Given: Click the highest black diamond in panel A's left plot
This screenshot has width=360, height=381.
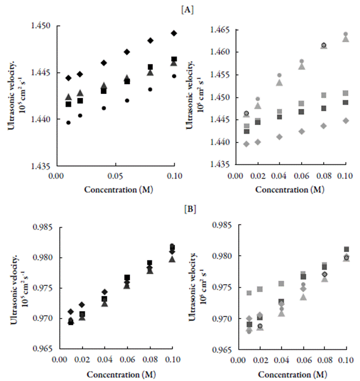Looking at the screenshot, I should click(174, 33).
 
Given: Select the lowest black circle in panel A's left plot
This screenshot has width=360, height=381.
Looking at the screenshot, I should click(68, 122).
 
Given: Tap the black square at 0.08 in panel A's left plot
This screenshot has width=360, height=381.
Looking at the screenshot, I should click(150, 67).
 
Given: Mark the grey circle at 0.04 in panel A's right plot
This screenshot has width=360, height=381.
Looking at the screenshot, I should click(279, 76).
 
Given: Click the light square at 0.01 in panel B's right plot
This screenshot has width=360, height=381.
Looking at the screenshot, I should click(249, 293).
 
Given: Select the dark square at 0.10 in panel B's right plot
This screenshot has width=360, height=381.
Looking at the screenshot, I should click(346, 250).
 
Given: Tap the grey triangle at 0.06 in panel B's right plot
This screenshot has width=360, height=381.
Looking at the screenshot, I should click(302, 297).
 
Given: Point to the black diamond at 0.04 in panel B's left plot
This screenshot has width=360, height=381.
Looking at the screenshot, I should click(104, 292).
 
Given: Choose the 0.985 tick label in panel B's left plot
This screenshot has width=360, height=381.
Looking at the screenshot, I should click(45, 228).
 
